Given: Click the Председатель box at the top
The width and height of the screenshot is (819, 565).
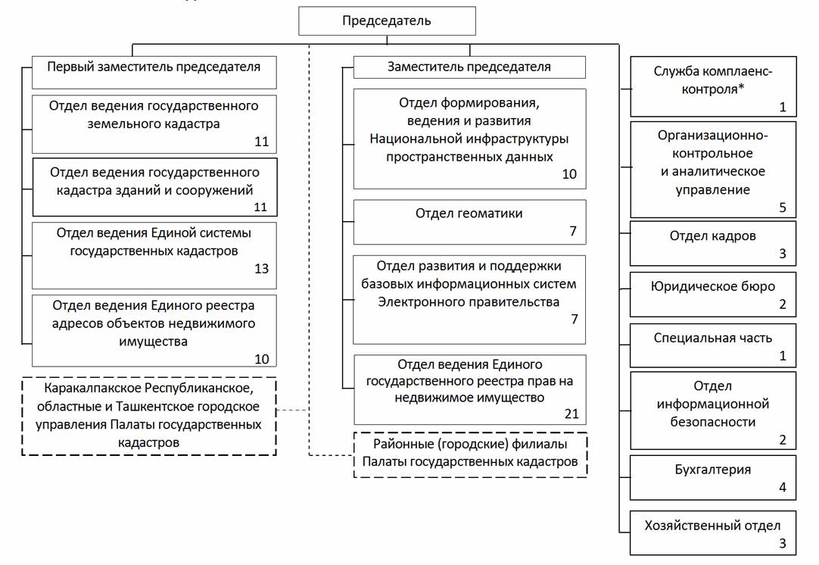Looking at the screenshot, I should click(x=387, y=20).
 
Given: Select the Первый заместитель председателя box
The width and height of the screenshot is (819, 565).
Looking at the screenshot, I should click(x=154, y=67).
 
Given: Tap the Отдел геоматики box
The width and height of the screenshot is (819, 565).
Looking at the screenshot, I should click(x=469, y=221).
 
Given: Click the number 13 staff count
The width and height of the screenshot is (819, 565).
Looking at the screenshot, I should click(x=261, y=269).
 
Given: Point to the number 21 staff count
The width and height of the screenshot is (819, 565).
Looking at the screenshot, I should click(x=571, y=413).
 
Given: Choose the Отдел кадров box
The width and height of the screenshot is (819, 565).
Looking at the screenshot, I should click(x=713, y=242).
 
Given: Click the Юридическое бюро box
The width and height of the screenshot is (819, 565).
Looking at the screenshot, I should click(x=713, y=294).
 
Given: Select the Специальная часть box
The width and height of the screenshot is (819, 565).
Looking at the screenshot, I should click(x=713, y=345).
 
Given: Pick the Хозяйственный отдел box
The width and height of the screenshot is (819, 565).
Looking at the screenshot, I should click(x=713, y=532).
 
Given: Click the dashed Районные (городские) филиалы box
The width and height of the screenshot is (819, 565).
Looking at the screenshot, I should click(x=470, y=453).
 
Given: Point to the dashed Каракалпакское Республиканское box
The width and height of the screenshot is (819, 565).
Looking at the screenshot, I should click(x=148, y=416).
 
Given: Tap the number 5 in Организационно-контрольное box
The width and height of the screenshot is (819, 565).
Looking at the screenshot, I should click(x=783, y=208).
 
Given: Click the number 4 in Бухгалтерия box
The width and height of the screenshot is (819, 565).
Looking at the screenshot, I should click(x=783, y=487).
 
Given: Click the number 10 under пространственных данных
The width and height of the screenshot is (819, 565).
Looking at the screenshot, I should click(x=568, y=174).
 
